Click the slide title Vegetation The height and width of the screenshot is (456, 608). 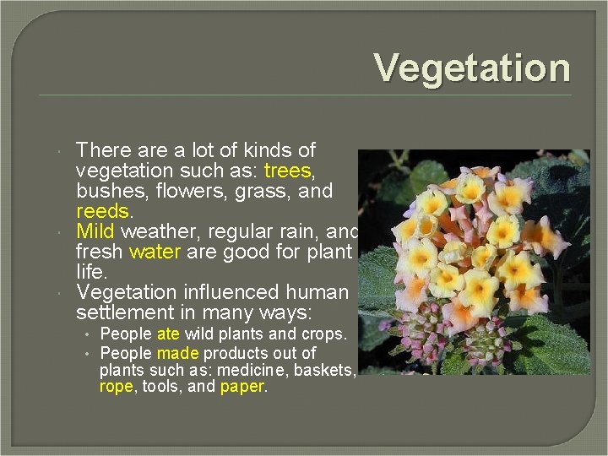point(472,68)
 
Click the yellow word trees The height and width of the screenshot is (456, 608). point(287,171)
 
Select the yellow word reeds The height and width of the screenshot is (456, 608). point(102,211)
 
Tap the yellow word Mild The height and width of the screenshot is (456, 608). point(95,231)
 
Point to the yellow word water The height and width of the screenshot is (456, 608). point(152,252)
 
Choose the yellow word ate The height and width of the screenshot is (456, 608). point(168,334)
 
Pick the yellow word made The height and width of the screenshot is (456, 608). point(177,353)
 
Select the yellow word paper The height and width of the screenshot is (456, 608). point(242,387)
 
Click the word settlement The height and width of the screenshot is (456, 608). point(124,312)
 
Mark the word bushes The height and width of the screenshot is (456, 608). point(107,191)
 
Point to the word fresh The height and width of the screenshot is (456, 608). point(100,252)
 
